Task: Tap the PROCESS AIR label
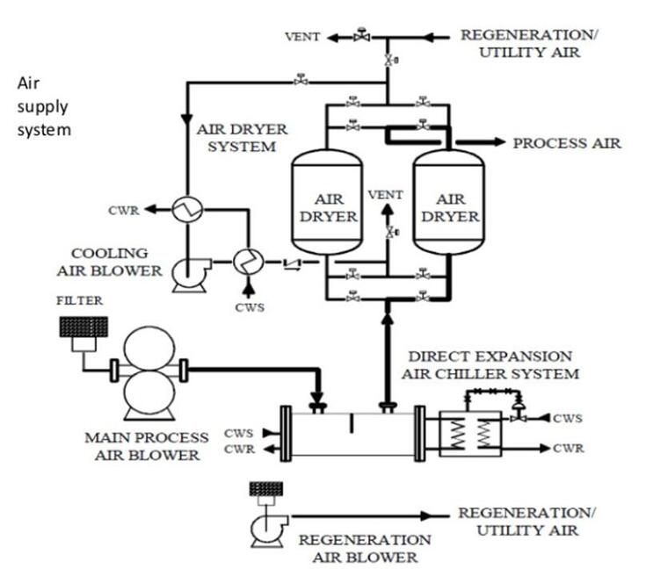point(567,143)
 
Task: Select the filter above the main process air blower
point(82,328)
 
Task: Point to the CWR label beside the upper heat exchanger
point(123,210)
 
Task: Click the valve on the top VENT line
point(360,37)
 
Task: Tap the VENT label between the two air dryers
point(386,194)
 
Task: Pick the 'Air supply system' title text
point(43,106)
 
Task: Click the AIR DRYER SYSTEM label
point(241,138)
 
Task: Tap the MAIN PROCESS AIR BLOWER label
point(147,445)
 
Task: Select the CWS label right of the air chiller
point(568,419)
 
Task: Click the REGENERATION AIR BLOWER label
point(365,548)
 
